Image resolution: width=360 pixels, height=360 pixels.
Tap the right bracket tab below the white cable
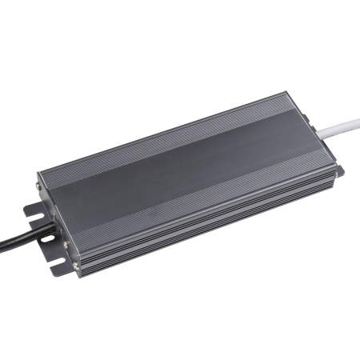[338, 170]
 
